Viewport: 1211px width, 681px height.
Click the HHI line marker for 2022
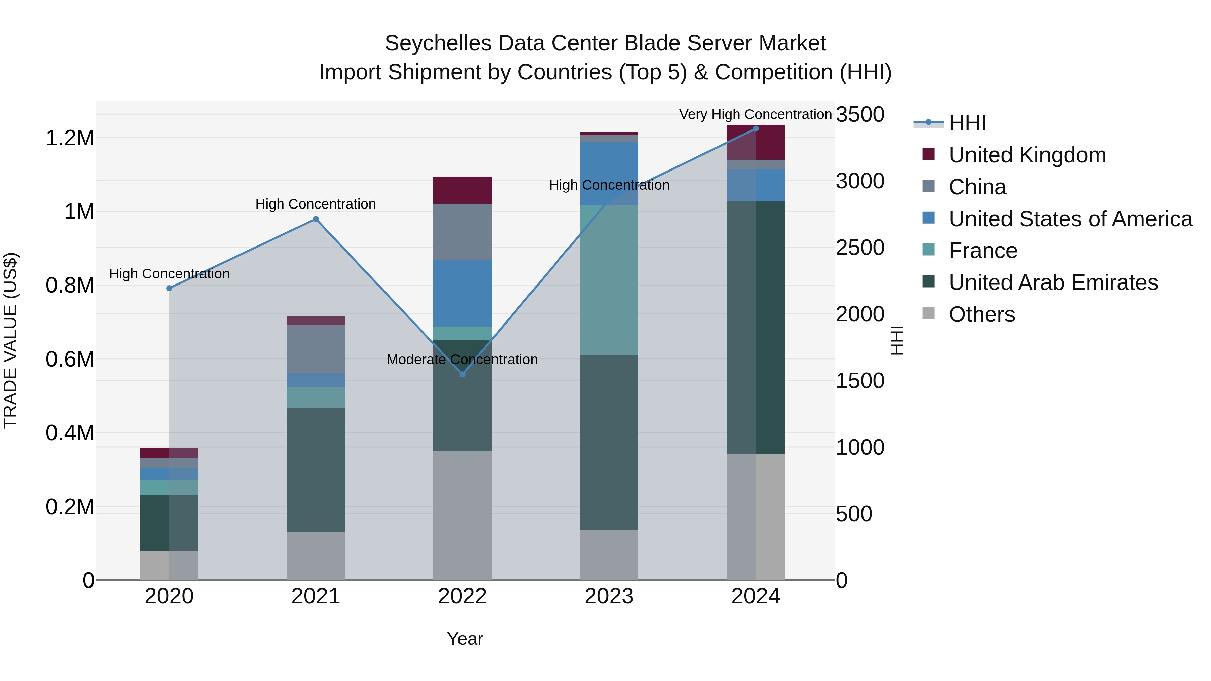(x=462, y=374)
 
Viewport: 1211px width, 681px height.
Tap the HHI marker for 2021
(x=316, y=219)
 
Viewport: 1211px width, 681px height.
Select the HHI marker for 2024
(x=756, y=129)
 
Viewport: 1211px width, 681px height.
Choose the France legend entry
(x=983, y=251)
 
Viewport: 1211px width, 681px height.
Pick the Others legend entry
(x=981, y=314)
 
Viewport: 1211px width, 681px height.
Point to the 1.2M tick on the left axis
(x=70, y=138)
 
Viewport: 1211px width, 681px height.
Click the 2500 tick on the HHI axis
(x=860, y=248)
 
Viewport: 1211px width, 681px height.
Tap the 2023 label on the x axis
(x=609, y=596)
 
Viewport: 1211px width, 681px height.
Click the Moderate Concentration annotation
(x=462, y=360)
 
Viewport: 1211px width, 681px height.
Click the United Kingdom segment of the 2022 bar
(x=462, y=190)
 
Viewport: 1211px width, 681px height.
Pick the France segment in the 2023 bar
(x=609, y=280)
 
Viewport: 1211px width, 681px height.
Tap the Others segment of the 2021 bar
(x=316, y=556)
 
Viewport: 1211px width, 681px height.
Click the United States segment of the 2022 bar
(x=462, y=293)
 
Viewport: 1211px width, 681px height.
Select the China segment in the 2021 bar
(x=316, y=349)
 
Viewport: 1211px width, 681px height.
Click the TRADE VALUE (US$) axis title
(x=10, y=340)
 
